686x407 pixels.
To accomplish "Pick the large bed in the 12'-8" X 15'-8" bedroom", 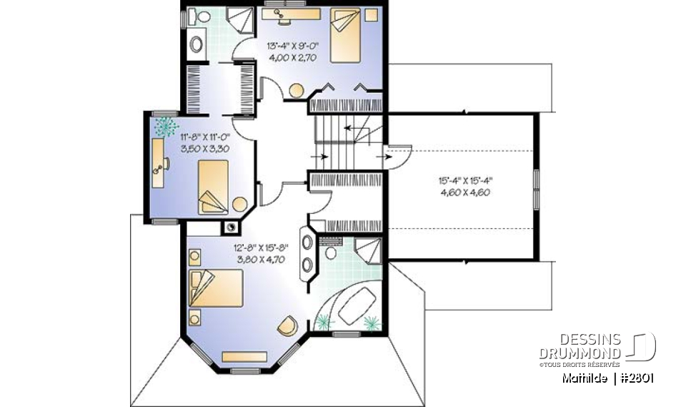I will pos(217,288).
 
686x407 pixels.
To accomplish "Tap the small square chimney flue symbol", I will pos(232,227).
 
